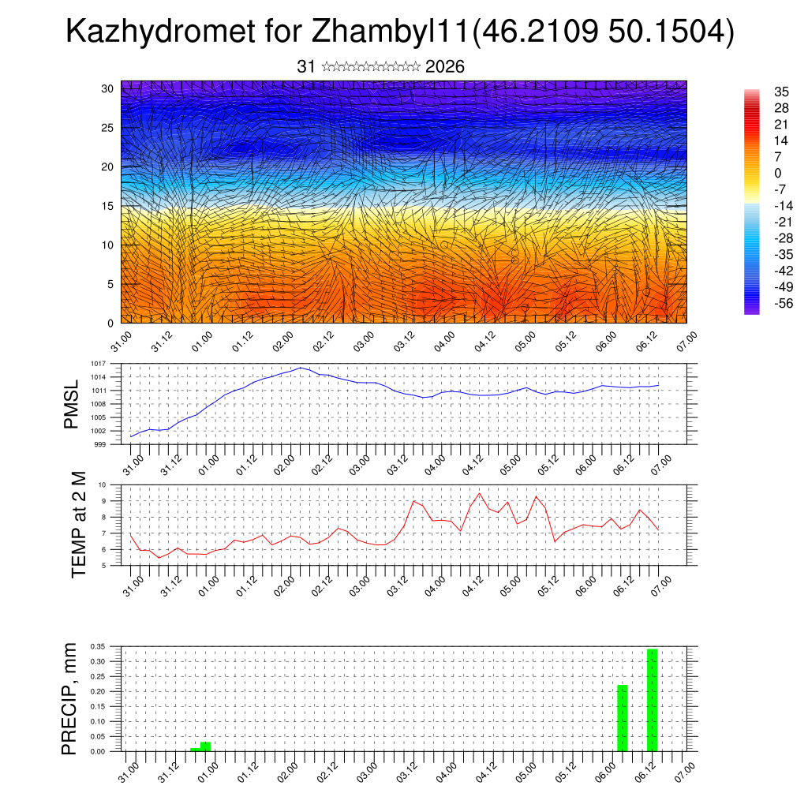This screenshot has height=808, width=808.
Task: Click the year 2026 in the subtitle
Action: [445, 67]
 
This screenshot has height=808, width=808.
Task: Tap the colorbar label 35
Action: [782, 92]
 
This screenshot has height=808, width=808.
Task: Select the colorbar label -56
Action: [783, 303]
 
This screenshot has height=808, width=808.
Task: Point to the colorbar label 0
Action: [777, 173]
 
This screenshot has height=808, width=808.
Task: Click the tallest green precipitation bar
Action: [652, 700]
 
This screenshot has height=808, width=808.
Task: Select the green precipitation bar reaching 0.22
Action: [622, 718]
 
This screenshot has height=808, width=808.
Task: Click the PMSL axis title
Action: [71, 404]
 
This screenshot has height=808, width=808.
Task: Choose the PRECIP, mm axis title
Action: [70, 699]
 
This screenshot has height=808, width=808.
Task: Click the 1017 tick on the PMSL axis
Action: [99, 364]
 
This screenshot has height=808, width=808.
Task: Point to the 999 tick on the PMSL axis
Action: [100, 444]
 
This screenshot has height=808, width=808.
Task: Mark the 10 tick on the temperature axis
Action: [103, 484]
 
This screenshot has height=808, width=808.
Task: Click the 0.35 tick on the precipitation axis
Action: [97, 646]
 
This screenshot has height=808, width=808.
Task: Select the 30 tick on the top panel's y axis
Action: [107, 88]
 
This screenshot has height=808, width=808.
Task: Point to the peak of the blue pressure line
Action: [301, 368]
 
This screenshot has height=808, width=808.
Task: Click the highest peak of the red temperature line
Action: [479, 493]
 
